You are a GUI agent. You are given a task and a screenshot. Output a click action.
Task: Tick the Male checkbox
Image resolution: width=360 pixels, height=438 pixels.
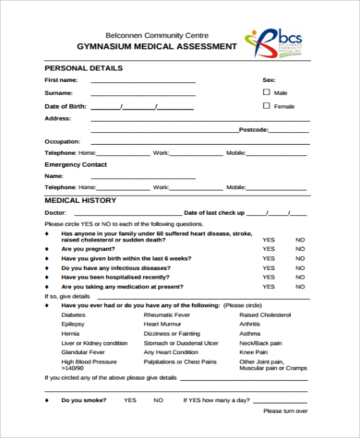point(267,92)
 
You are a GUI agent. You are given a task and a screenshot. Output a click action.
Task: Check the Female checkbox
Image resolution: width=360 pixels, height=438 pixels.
point(267,106)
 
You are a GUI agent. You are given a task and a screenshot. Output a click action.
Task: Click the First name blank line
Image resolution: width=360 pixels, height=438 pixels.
point(142,82)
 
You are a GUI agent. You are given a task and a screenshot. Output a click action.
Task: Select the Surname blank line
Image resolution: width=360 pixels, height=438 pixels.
point(142,94)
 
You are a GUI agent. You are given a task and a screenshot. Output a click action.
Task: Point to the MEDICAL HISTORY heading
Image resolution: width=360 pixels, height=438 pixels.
point(80,200)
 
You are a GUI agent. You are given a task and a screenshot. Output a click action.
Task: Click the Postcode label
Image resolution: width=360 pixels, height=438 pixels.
point(253,129)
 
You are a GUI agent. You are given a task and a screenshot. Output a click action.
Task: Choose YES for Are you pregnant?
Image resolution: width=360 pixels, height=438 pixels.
point(268,249)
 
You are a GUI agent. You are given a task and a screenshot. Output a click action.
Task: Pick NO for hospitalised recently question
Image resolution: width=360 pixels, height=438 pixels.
point(300,277)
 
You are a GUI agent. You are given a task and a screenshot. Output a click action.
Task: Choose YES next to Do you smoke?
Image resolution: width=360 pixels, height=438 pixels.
point(130,400)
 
